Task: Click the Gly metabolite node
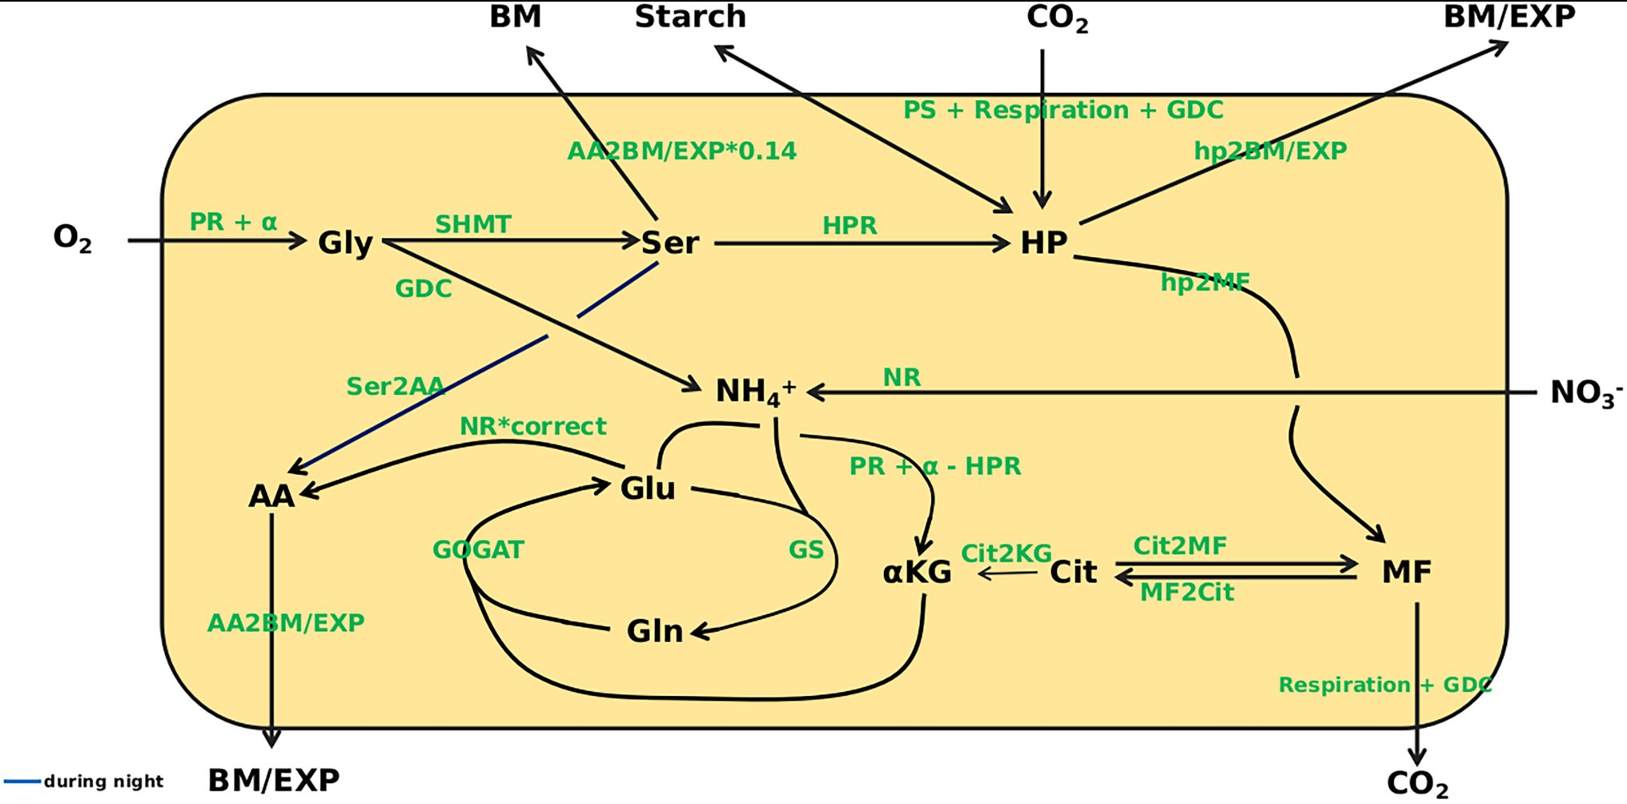345,243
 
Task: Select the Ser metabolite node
670,243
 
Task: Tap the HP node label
1043,243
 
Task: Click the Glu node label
648,488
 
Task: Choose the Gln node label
654,631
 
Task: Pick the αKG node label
917,572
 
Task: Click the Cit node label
1073,572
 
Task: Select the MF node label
1406,572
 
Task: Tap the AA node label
271,496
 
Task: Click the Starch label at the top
690,17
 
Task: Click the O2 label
72,238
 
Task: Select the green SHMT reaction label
472,224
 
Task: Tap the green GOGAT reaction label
478,549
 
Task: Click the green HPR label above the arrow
850,226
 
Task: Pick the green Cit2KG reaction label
1006,553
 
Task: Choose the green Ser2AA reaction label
395,387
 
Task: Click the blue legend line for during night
22,781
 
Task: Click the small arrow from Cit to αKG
1007,573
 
